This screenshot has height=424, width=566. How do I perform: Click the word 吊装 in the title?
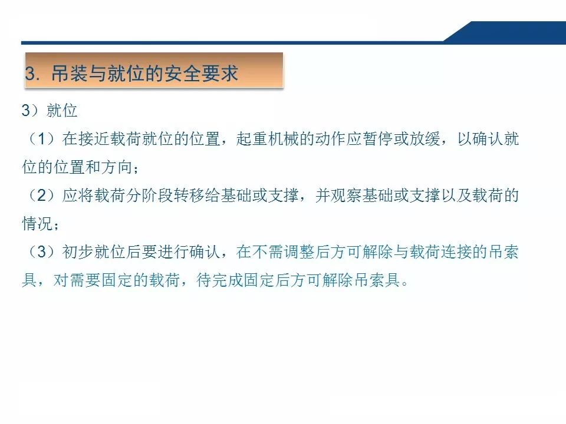click(x=68, y=74)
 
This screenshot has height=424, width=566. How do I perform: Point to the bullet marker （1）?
click(x=41, y=140)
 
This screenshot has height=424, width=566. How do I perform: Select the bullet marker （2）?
click(x=41, y=196)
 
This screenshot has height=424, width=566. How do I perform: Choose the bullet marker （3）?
click(x=41, y=253)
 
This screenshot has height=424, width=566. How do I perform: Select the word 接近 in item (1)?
click(x=92, y=140)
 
